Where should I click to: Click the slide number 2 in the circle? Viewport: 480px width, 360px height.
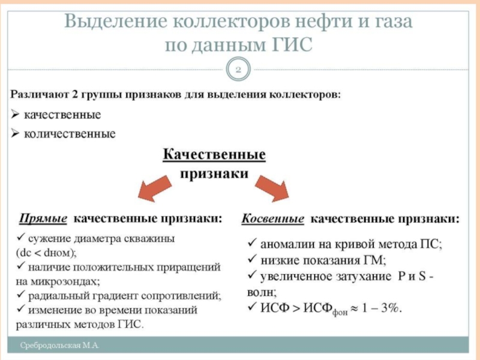click(x=238, y=70)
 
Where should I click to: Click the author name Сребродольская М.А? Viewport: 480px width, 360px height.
click(x=60, y=346)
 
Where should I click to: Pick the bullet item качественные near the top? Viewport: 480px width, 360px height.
click(x=62, y=114)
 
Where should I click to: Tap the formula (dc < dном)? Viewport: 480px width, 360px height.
click(x=47, y=252)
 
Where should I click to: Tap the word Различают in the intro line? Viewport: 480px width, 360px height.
click(x=38, y=94)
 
